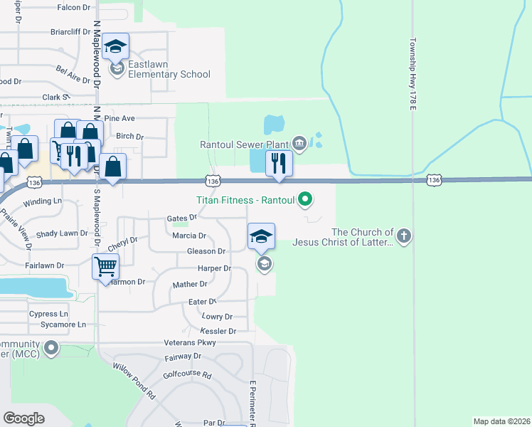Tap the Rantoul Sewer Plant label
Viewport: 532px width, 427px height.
tap(244, 144)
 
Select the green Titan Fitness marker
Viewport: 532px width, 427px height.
tap(305, 199)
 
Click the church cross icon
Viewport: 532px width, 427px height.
tap(403, 236)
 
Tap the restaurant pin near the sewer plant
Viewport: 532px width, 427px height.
tap(280, 164)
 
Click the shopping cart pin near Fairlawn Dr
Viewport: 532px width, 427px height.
tap(105, 267)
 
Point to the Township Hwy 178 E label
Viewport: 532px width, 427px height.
tap(412, 74)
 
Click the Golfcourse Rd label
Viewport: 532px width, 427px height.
tap(187, 374)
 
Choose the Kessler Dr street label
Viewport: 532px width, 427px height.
tap(218, 331)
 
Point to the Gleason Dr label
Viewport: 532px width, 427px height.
tap(206, 251)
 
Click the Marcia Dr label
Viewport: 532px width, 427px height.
tap(189, 236)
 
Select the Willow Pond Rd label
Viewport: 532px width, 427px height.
tap(133, 384)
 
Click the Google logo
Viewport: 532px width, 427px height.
tap(23, 418)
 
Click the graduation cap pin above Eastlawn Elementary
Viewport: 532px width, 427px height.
tap(115, 47)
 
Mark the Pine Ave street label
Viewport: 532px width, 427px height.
tap(119, 118)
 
